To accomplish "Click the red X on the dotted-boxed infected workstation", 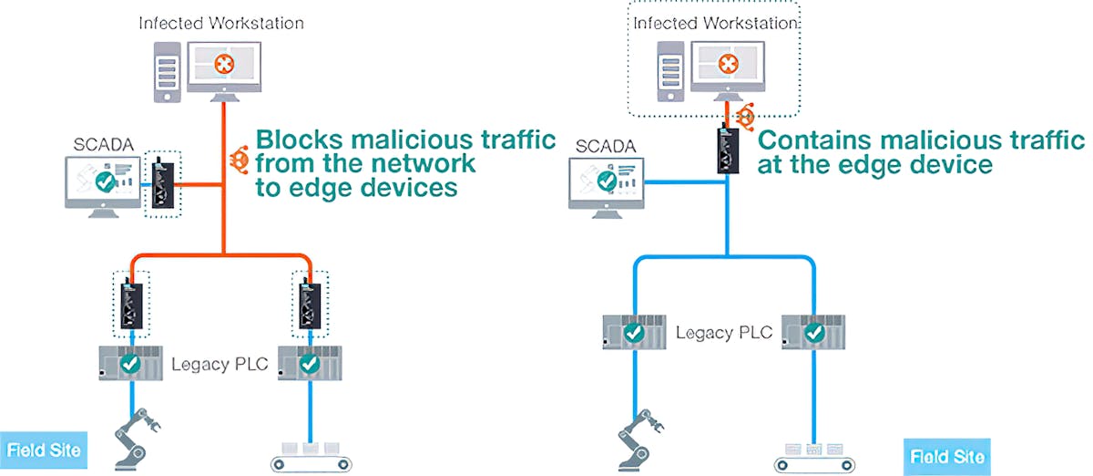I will click(727, 64).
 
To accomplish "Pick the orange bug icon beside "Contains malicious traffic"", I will click(746, 117).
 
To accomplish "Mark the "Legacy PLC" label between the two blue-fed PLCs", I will click(723, 332).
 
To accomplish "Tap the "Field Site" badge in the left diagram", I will click(43, 450).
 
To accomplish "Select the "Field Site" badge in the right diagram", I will click(947, 455).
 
